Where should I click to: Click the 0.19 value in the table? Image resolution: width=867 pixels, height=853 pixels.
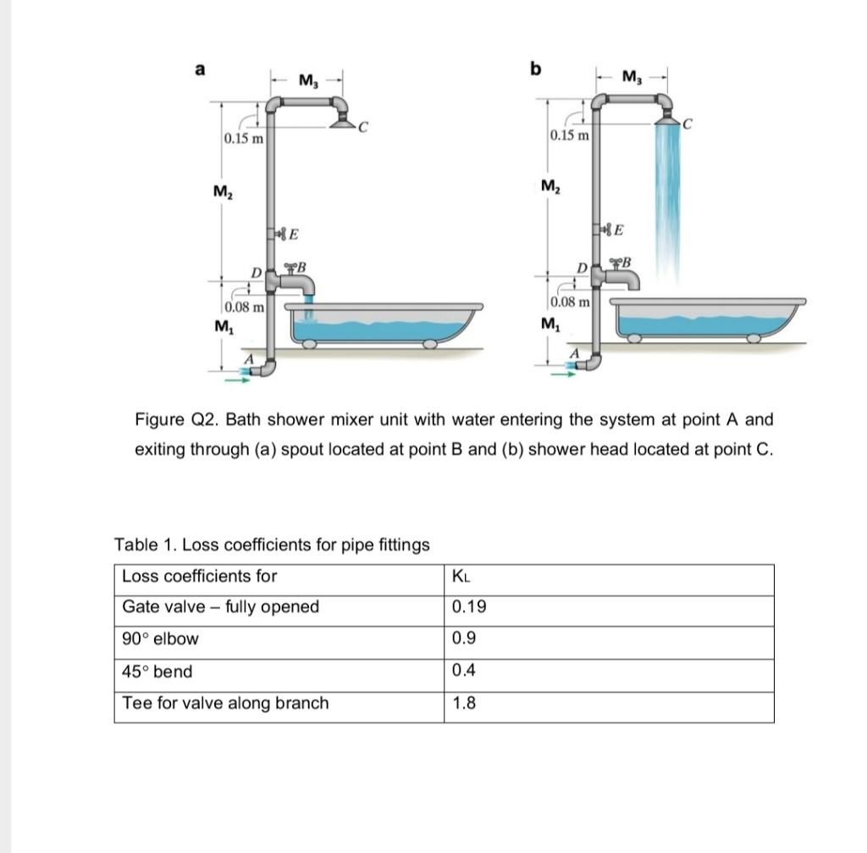(x=469, y=607)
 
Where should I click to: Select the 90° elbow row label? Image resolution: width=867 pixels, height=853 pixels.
(x=161, y=639)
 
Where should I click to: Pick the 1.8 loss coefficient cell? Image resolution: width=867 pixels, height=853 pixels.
(x=464, y=703)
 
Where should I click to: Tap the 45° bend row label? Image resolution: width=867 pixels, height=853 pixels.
(x=157, y=672)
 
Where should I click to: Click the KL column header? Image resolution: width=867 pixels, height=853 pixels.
(x=461, y=577)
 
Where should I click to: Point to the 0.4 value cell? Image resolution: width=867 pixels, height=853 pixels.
(x=464, y=671)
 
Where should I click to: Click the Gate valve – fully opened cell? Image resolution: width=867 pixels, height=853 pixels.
(x=221, y=607)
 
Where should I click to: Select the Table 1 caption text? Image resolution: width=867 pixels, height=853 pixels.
(x=272, y=545)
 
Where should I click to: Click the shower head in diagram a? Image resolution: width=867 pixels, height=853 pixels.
(x=342, y=124)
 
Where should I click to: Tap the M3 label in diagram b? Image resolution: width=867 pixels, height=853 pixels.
(x=632, y=78)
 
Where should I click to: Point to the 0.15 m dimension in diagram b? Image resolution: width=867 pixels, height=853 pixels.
(x=569, y=136)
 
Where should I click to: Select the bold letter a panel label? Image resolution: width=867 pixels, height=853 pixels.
(x=200, y=70)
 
